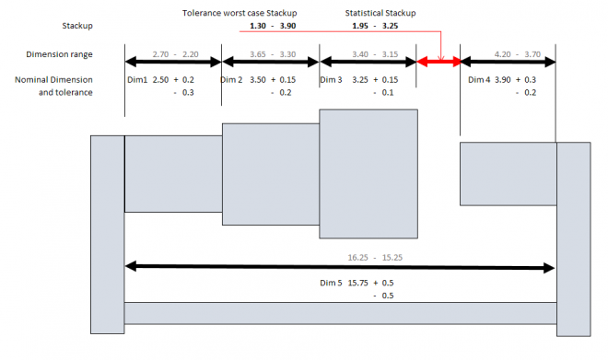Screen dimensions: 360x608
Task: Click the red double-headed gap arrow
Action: [x=438, y=63]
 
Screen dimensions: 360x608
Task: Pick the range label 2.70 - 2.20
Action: [x=172, y=54]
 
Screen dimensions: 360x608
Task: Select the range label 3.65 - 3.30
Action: [x=270, y=54]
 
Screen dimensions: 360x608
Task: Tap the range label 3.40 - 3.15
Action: [x=368, y=54]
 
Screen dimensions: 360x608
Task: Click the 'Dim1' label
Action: [x=136, y=80]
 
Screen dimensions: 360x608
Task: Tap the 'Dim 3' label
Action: [x=332, y=80]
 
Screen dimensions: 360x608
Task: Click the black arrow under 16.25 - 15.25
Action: [x=340, y=267]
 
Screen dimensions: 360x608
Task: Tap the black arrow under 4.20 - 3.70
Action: [x=508, y=63]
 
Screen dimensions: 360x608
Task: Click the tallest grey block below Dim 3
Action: [x=368, y=173]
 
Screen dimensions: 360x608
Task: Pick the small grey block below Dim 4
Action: [x=508, y=173]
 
